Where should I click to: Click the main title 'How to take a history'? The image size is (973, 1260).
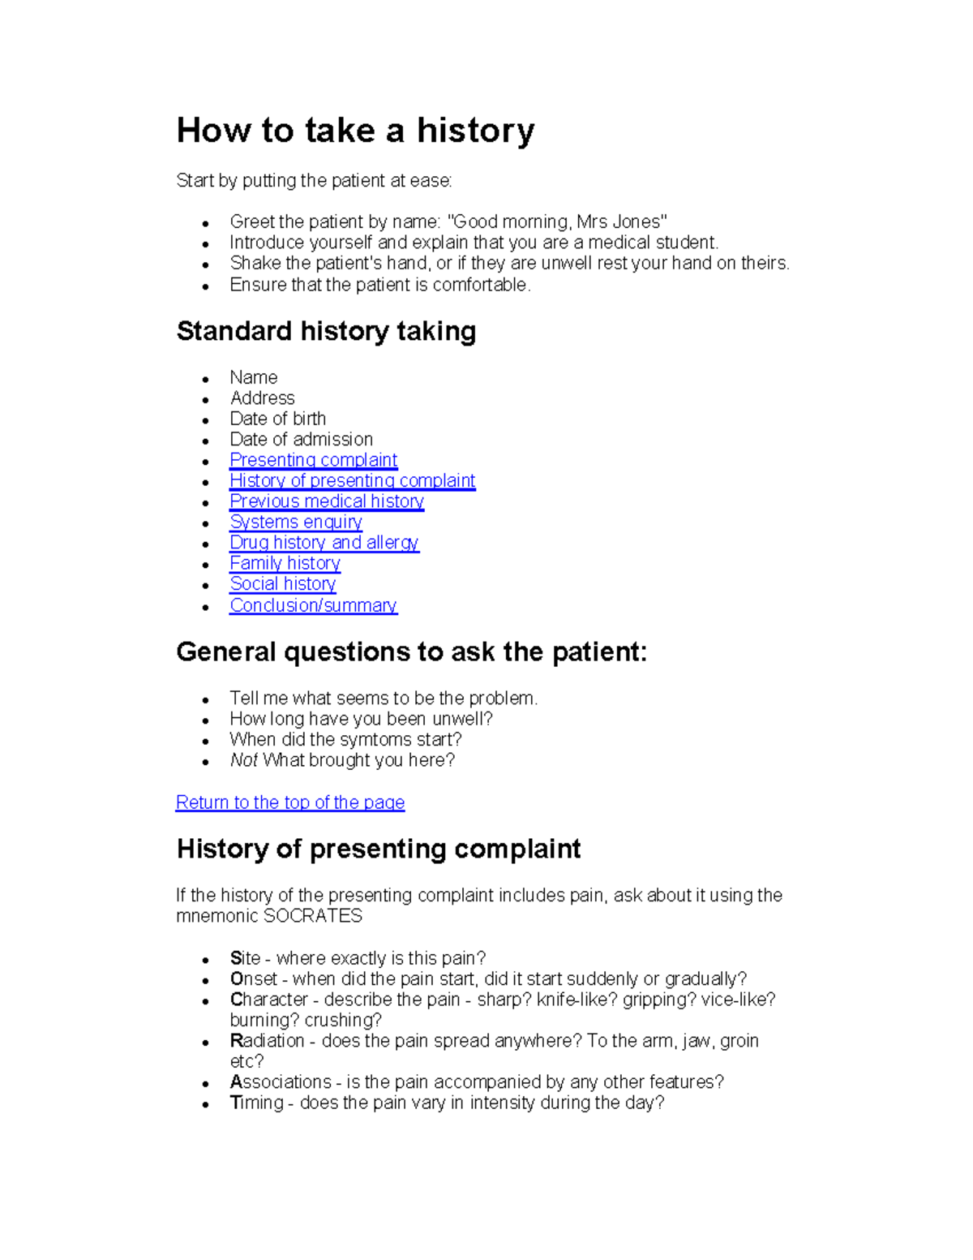[355, 131]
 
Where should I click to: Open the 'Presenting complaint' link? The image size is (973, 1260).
[313, 460]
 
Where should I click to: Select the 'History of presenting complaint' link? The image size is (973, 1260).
[352, 480]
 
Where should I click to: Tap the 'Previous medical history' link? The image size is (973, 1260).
[326, 501]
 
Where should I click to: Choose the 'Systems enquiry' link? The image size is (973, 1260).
[295, 522]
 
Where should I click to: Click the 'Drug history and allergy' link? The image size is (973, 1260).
[324, 542]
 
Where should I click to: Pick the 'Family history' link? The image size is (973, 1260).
[285, 563]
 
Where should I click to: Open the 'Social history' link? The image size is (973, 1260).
[282, 583]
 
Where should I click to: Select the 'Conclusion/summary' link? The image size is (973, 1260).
[313, 605]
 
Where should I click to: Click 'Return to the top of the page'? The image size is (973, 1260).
[289, 802]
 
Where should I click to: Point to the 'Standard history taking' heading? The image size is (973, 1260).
[326, 331]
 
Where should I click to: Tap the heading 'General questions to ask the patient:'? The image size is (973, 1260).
[411, 652]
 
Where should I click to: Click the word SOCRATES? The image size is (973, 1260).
[313, 916]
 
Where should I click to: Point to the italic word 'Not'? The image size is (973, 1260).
[243, 760]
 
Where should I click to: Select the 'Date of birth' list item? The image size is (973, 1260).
[277, 419]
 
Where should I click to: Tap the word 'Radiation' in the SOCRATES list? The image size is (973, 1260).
[267, 1041]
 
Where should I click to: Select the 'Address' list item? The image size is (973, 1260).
[262, 398]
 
